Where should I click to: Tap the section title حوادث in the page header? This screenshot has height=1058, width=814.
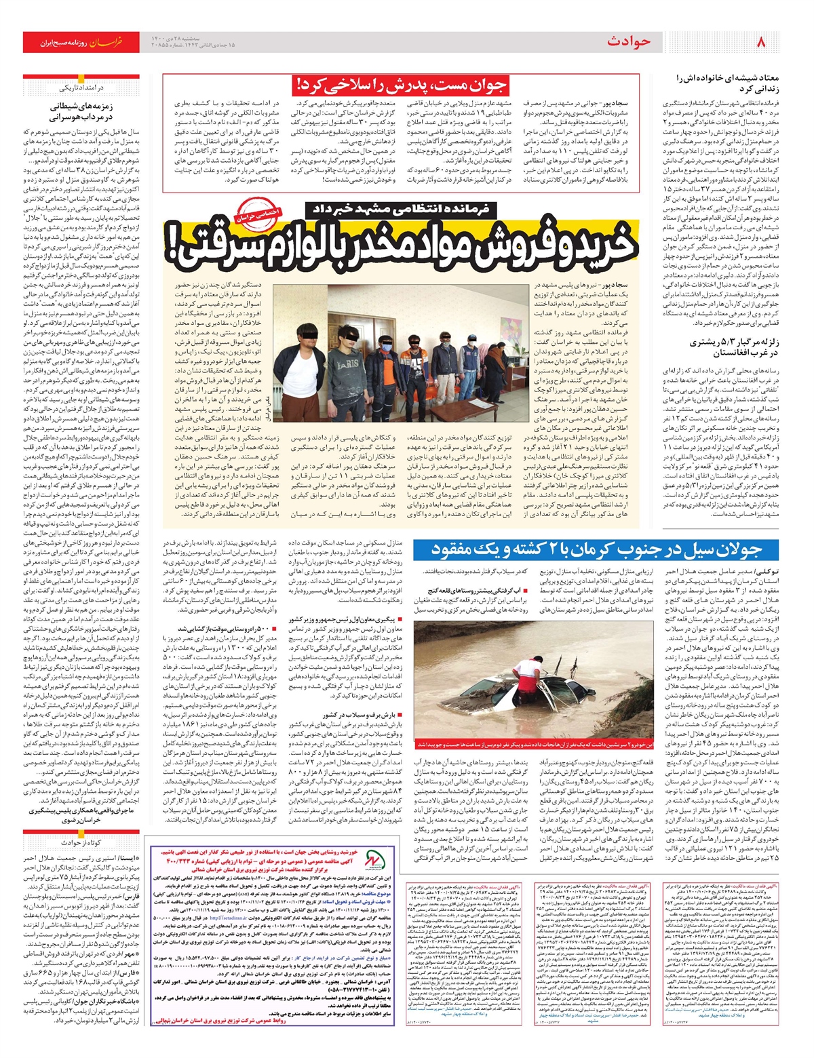point(628,42)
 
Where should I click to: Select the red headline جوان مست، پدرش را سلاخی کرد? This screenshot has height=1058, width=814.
point(400,86)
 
